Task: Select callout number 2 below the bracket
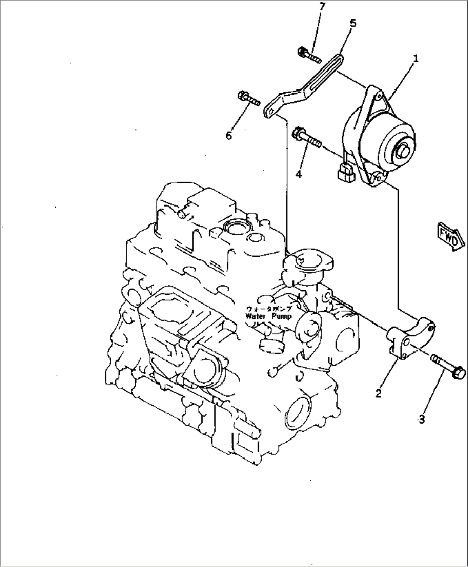378,393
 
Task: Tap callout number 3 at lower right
422,419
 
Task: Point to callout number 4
299,173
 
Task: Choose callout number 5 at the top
353,23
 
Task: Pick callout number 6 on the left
229,135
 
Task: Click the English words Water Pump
269,316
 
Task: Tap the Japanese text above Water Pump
269,309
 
